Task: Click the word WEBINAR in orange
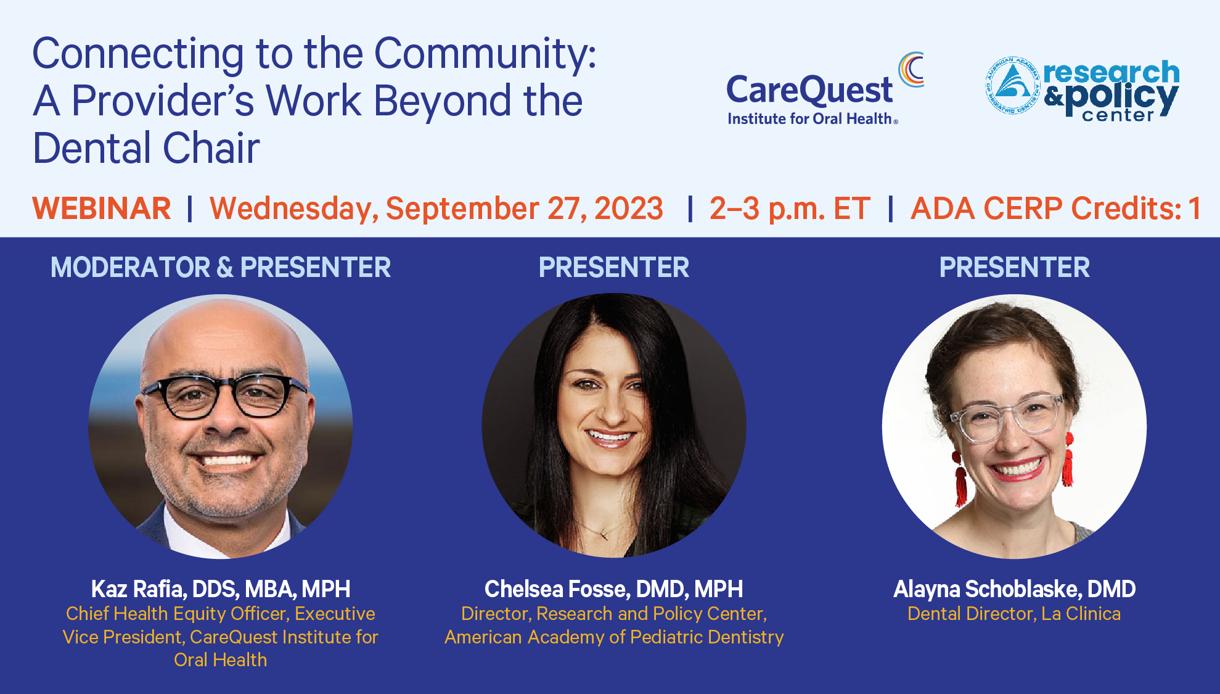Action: pyautogui.click(x=102, y=209)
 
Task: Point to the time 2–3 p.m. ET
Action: pyautogui.click(x=790, y=209)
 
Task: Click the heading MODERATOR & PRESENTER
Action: pyautogui.click(x=221, y=267)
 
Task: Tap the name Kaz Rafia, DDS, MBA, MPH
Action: pyautogui.click(x=221, y=589)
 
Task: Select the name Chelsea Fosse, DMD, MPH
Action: pyautogui.click(x=613, y=589)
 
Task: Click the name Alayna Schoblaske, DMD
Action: pyautogui.click(x=1014, y=589)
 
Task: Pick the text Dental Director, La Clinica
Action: pyautogui.click(x=1014, y=614)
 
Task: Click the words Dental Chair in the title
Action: pyautogui.click(x=146, y=148)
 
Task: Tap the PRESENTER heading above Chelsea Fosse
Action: pyautogui.click(x=614, y=267)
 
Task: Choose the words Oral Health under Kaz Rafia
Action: pyautogui.click(x=221, y=660)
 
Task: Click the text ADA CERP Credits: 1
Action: pyautogui.click(x=1056, y=209)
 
